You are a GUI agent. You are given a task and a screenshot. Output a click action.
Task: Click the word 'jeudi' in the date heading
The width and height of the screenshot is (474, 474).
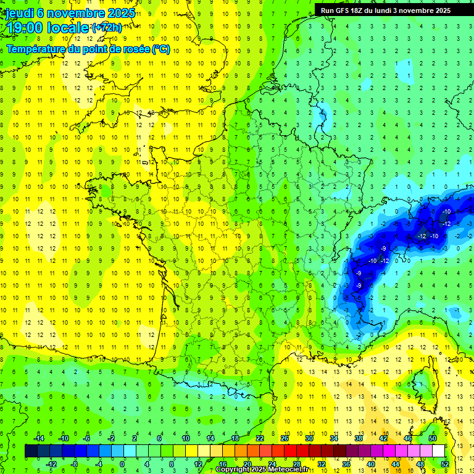[19, 12]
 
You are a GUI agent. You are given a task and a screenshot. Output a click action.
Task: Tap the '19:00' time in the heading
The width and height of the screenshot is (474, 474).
[25, 28]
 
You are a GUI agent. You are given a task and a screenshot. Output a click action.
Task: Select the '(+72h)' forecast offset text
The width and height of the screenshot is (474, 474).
[107, 28]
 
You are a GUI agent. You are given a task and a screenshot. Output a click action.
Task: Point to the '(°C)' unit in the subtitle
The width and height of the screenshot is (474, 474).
[160, 49]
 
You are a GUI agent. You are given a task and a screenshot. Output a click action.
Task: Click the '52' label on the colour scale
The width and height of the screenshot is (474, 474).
[444, 464]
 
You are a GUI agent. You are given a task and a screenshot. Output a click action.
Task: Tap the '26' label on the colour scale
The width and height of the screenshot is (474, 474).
[284, 438]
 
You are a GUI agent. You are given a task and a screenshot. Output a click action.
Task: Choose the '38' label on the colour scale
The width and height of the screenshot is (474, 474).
[358, 438]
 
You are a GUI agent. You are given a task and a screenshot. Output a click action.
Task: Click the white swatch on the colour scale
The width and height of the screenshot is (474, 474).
[438, 451]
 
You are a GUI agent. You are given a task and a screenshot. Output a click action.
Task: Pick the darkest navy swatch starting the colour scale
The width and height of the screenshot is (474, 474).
[31, 451]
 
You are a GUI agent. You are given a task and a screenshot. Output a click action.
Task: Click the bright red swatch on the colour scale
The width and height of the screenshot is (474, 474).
[290, 451]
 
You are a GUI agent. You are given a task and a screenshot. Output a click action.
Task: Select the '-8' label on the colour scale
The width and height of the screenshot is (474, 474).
[75, 464]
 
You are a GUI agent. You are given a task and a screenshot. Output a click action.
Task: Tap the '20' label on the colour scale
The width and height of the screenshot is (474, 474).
[247, 464]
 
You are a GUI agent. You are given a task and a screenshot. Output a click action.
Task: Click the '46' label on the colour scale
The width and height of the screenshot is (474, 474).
[407, 438]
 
